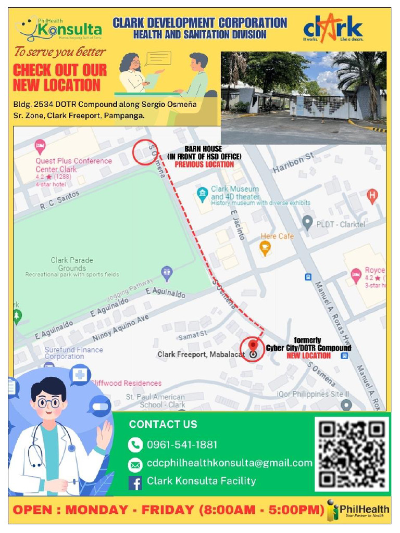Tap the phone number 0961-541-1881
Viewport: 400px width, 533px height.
point(182,445)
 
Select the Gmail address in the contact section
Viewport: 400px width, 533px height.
point(229,463)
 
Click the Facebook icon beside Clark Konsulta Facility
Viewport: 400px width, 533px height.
point(135,483)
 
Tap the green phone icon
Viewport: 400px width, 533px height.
point(135,445)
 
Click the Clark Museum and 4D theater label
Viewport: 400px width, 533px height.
point(235,193)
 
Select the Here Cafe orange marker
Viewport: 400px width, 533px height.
point(265,248)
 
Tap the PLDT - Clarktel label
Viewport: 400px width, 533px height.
point(341,224)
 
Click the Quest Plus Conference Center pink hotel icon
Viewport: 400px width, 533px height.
point(40,144)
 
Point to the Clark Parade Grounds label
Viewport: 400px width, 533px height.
point(72,264)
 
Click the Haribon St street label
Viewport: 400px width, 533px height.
point(294,163)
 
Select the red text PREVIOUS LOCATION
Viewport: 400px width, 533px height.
point(204,164)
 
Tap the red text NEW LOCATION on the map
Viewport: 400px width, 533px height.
point(308,356)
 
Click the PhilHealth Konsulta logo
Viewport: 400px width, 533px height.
point(58,29)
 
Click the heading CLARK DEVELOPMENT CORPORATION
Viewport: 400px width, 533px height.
point(199,23)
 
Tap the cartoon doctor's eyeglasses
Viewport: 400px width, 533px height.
point(48,402)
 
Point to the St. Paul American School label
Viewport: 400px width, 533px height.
point(155,401)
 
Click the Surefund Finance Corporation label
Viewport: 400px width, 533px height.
point(73,353)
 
